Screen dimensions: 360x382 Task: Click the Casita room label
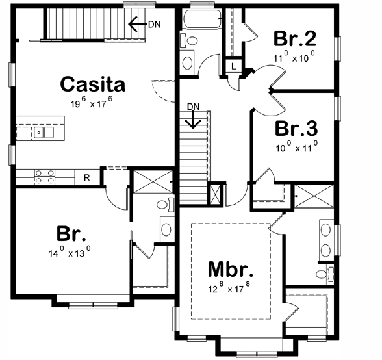pos(92,84)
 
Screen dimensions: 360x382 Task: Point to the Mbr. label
pos(230,269)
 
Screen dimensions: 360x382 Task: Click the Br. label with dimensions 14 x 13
pos(71,233)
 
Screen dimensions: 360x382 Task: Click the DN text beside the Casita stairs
pos(154,25)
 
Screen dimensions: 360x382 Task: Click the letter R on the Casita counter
pos(86,175)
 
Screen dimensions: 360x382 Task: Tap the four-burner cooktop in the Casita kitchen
pos(44,175)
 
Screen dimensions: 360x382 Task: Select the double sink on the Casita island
pos(45,133)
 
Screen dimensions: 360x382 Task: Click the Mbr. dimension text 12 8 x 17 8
pos(231,288)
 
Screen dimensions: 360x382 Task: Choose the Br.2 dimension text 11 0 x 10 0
pos(294,57)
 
